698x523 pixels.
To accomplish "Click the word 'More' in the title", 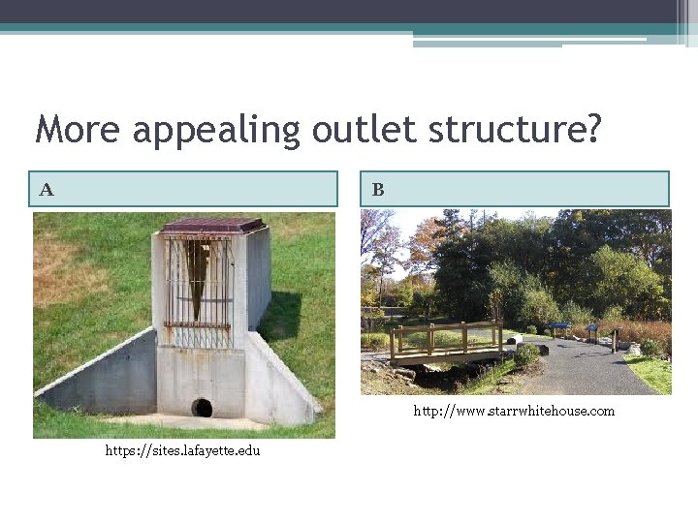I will point(78,129).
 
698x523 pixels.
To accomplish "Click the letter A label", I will point(47,190).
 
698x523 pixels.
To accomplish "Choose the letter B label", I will point(378,190).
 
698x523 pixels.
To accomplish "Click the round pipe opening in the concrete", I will point(202,407).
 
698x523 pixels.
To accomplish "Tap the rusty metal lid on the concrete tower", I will point(213,227).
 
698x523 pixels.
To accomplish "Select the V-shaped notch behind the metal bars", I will point(199,276).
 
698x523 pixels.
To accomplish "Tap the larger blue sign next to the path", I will point(560,327).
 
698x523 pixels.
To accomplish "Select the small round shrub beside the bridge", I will point(526,354).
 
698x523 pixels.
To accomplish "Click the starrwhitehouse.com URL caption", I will point(514,411).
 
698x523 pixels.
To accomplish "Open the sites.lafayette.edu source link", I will point(182,451).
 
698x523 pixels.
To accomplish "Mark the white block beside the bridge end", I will point(515,340).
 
